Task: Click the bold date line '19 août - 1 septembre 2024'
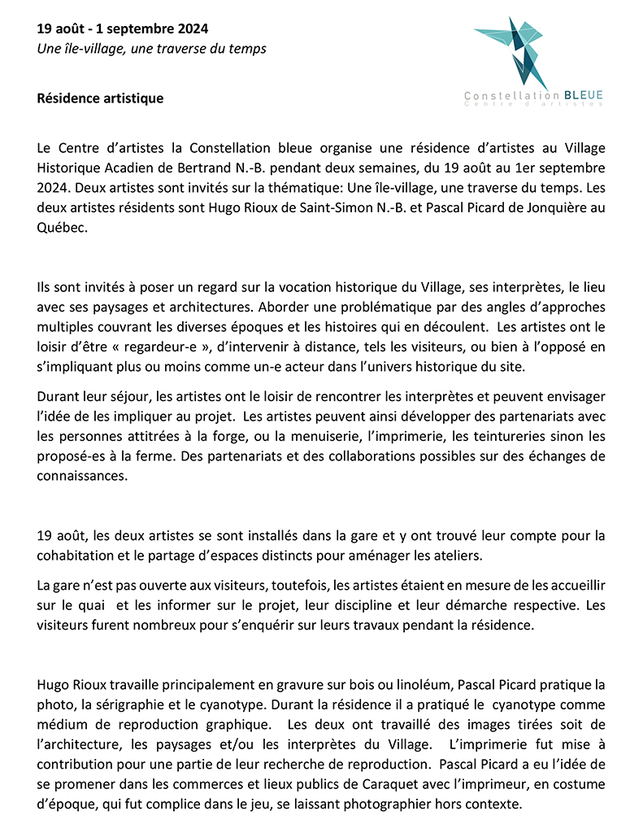click(123, 29)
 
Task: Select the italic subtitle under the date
click(151, 49)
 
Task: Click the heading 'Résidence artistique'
click(100, 98)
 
